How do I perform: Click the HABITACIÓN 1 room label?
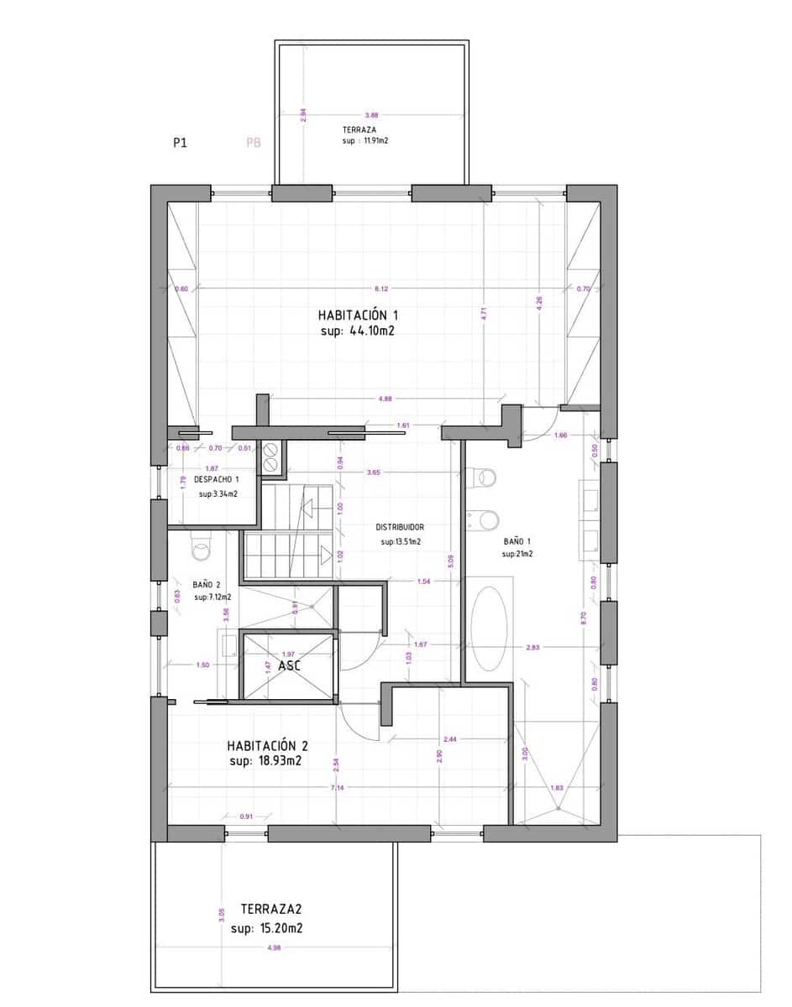point(357,316)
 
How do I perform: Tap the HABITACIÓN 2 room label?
point(268,745)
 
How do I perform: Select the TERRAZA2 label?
point(270,909)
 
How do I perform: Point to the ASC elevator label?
point(290,664)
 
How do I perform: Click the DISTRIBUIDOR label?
point(400,527)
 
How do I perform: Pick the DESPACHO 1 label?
point(217,479)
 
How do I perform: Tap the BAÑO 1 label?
point(517,541)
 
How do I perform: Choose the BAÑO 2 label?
point(207,584)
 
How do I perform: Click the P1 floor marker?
point(180,143)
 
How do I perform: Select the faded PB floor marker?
point(254,143)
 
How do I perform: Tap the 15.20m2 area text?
point(280,929)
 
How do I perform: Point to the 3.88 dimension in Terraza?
point(372,115)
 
